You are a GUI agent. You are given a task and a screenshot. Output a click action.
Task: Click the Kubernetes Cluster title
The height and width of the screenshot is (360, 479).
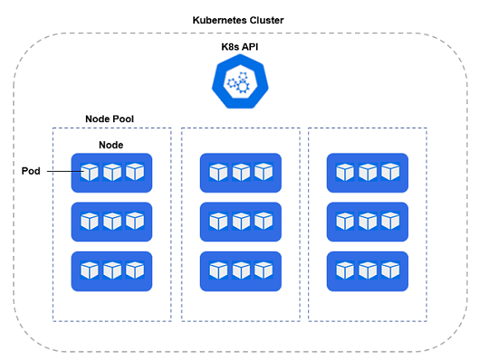(238, 20)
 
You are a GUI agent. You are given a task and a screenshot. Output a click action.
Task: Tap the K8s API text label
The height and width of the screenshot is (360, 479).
(239, 47)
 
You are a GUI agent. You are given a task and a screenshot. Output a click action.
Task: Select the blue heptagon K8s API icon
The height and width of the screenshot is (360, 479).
(240, 82)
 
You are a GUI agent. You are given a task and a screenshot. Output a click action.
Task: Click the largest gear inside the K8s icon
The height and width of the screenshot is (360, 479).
(243, 87)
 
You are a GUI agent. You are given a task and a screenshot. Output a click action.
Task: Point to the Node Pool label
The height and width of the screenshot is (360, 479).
(109, 119)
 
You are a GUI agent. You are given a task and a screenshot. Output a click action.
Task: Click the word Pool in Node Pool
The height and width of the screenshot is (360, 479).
(121, 119)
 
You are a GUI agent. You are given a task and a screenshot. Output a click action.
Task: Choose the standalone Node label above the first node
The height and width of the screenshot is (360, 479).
(111, 144)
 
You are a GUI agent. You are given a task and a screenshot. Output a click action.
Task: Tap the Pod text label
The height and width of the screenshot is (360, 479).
(31, 171)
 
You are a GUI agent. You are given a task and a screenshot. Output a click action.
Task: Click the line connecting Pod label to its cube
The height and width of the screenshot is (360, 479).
(65, 171)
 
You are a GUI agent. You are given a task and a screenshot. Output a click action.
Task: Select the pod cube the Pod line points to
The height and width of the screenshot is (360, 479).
(89, 172)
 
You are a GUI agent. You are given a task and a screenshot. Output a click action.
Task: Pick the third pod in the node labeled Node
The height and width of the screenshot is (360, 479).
(135, 172)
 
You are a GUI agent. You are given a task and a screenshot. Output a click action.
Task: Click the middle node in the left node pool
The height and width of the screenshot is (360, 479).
(111, 221)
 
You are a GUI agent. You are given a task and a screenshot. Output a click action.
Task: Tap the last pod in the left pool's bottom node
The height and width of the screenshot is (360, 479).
(135, 270)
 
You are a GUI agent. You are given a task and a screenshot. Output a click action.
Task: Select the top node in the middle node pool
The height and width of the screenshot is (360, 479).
(240, 173)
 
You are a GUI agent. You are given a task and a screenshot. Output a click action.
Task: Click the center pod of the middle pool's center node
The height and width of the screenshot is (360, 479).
(241, 221)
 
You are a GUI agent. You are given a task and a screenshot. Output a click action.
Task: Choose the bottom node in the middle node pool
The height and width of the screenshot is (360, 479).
(240, 271)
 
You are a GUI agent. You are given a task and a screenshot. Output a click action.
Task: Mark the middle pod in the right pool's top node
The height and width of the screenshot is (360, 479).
(368, 173)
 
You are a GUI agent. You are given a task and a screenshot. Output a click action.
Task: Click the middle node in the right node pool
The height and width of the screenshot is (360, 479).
(368, 221)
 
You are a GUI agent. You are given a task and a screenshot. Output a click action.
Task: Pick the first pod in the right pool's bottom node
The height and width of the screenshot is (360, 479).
(345, 271)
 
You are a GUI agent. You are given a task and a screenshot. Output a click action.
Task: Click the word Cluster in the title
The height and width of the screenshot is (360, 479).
(267, 20)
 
